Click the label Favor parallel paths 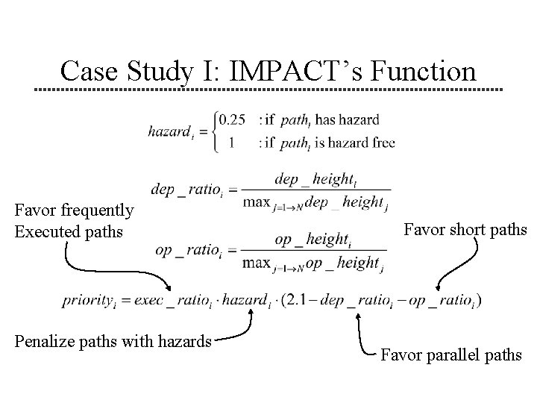450,355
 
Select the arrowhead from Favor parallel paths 359,316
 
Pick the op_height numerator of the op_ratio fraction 312,240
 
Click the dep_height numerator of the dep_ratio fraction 313,179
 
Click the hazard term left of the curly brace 172,131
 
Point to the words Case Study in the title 134,72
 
